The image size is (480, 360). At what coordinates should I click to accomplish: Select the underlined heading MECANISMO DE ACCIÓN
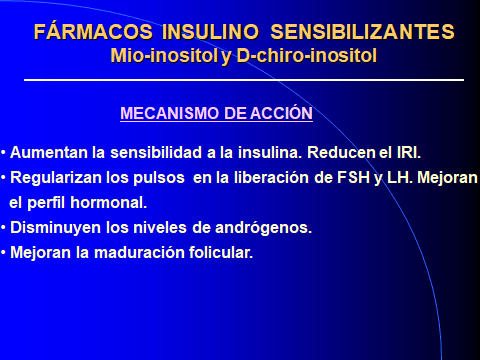[x=216, y=114]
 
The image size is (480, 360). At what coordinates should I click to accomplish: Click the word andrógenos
[x=266, y=228]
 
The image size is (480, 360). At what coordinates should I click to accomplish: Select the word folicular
[x=219, y=253]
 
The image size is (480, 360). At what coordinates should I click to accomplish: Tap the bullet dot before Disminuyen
[x=4, y=228]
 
